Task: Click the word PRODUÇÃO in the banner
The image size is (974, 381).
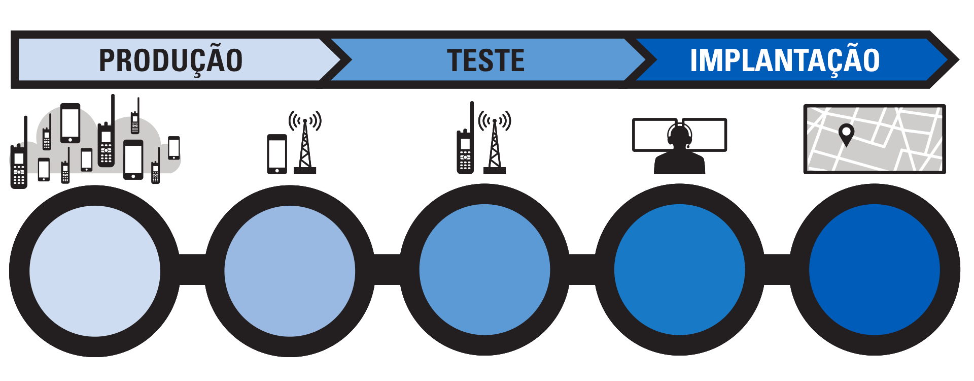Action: coord(171,60)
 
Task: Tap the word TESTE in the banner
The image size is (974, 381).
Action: coord(485,60)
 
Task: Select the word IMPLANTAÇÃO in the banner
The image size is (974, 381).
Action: coord(784,60)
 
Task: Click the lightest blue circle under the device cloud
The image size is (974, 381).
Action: coord(95,271)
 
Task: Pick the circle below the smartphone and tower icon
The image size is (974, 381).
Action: coord(290,271)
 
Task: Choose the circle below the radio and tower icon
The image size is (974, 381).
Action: coord(484,270)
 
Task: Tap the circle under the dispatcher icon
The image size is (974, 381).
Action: coord(679,270)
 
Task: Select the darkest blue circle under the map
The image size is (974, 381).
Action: coord(874,270)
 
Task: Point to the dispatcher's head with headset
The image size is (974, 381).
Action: coord(679,135)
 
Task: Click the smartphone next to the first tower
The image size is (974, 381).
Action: coord(277,154)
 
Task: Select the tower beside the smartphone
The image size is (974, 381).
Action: coord(305,147)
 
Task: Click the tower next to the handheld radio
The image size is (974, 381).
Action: coord(495,147)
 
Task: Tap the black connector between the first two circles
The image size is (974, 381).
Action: coord(192,270)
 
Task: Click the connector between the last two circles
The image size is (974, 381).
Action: coord(777,270)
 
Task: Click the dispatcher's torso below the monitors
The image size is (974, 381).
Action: coord(679,164)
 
